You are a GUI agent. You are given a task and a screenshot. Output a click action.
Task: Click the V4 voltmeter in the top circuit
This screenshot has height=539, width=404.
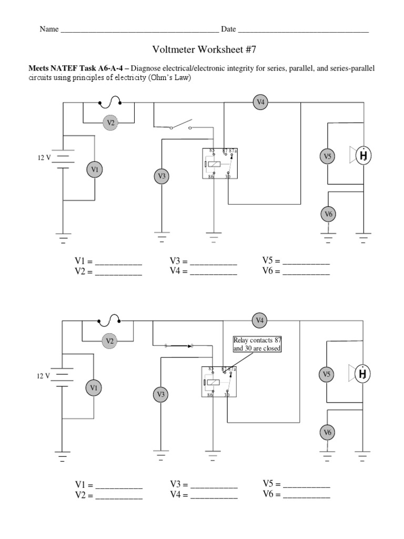[260, 102]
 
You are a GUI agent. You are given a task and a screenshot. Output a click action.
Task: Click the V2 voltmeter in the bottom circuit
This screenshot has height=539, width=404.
[110, 341]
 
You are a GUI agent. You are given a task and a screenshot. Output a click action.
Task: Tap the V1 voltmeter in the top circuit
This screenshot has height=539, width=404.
[95, 169]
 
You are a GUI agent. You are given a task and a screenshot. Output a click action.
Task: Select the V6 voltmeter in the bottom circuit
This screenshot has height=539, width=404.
[328, 432]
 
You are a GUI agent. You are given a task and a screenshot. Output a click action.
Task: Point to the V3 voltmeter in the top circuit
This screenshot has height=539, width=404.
[161, 176]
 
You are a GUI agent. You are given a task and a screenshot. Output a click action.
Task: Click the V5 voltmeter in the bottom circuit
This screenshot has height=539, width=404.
[328, 374]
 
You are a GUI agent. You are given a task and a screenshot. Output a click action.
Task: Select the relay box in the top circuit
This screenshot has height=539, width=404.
[217, 164]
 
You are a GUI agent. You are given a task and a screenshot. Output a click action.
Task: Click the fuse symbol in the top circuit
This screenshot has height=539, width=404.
[110, 102]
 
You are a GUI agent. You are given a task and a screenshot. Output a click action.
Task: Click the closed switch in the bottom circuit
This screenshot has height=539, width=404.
[179, 345]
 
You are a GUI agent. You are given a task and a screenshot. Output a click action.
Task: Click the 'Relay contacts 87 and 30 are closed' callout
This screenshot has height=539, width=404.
[257, 345]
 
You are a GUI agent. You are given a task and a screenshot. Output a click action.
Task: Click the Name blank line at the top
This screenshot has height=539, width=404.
[139, 30]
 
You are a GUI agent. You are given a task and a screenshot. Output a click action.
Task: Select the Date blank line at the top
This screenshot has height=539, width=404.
[303, 30]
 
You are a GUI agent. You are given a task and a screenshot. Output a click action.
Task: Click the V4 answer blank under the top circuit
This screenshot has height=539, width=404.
[213, 272]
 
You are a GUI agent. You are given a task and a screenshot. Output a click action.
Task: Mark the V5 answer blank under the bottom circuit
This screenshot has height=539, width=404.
[306, 484]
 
